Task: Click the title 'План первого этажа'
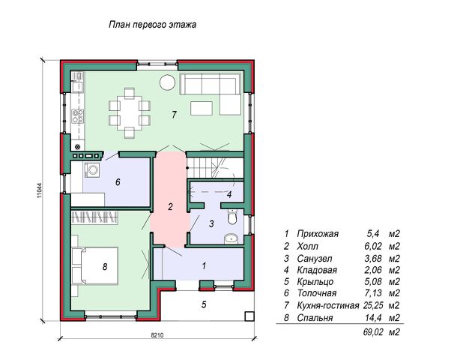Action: coord(152,25)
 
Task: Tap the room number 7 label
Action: coord(174,115)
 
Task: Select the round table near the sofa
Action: coord(167,82)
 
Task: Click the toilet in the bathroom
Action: coord(232,217)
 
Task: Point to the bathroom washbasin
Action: coord(232,239)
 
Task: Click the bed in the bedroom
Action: coord(94,265)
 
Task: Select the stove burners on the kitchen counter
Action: coord(77,116)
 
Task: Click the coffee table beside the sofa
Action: coord(202,108)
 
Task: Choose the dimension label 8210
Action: coord(157,335)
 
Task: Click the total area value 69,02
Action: coord(373,332)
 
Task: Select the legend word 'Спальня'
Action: coord(315,318)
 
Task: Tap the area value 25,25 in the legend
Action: coord(373,305)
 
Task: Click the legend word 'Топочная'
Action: coord(317,293)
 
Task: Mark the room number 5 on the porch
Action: coord(204,304)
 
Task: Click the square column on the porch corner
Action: coord(249,316)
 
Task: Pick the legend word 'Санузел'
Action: coord(315,259)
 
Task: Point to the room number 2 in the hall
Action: coord(170,207)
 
